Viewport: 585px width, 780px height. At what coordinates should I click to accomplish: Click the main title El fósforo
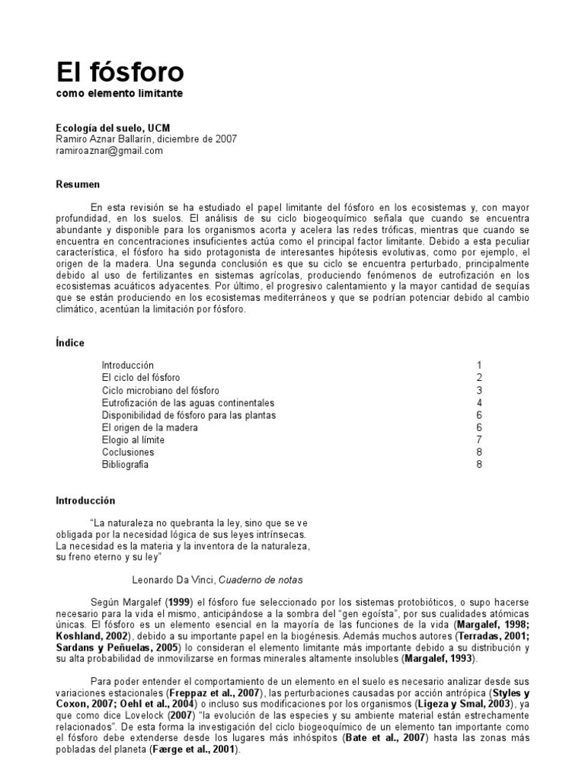coord(120,72)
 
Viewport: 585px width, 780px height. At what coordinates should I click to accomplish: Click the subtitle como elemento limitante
coord(120,94)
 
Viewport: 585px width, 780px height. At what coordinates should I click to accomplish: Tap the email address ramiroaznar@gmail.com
coord(110,151)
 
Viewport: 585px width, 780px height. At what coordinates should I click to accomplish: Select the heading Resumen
coord(78,184)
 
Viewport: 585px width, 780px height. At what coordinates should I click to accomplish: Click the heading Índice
coord(71,343)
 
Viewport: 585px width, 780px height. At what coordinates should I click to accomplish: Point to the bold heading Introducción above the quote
coord(85,501)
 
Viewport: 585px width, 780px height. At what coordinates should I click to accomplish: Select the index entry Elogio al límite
coord(133,440)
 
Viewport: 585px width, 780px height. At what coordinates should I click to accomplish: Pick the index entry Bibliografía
coord(126,464)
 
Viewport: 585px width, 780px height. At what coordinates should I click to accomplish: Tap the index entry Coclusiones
coord(128,452)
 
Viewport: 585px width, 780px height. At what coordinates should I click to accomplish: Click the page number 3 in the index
coord(479,390)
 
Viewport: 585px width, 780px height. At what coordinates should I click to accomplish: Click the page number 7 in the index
coord(479,440)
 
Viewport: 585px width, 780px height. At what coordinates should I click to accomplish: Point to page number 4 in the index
coord(479,402)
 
